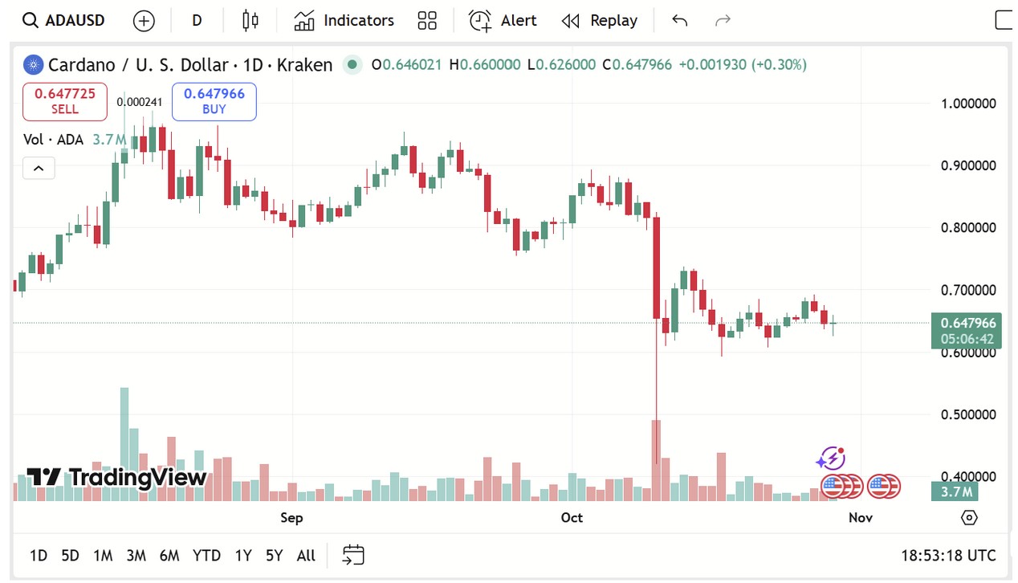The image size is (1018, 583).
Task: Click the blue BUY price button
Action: (214, 101)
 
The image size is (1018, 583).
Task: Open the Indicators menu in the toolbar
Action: (344, 21)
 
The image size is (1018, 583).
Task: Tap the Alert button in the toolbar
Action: (503, 21)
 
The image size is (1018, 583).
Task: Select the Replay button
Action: (600, 21)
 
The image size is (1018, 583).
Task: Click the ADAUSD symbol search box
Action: (64, 21)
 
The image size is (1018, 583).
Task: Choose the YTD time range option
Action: (206, 555)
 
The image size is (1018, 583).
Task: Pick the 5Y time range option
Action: (274, 555)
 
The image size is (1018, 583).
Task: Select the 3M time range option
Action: (136, 555)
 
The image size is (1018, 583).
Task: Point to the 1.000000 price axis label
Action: (968, 104)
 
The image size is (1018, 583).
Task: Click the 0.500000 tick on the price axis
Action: (968, 414)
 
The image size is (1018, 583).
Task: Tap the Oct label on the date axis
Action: (572, 517)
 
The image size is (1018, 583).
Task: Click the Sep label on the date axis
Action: (291, 517)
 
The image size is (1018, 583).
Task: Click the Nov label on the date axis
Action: (860, 517)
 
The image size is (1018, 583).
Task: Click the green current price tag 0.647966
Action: (965, 323)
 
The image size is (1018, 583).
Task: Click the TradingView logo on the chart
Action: (117, 478)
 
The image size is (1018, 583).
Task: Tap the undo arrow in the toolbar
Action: (679, 21)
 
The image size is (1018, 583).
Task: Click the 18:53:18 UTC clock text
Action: (948, 555)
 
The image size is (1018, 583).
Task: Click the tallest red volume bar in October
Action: (656, 460)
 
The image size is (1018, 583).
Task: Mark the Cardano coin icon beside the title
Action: (33, 65)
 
